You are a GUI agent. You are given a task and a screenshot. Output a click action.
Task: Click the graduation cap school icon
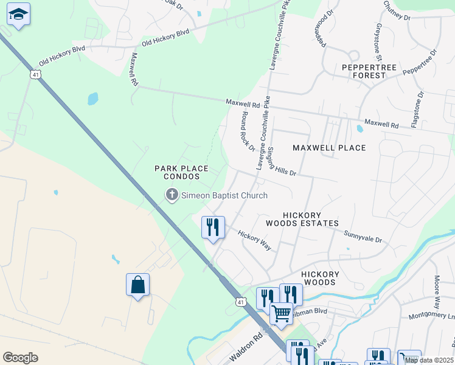pos(19,15)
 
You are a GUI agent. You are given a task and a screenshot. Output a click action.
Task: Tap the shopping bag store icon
pos(137,285)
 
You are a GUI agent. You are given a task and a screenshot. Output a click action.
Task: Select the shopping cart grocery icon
pos(281,315)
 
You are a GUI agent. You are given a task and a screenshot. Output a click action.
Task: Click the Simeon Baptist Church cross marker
pos(172,195)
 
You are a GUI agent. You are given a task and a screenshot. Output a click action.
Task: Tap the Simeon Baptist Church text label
pos(224,195)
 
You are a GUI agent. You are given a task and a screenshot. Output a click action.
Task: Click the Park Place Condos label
pos(181,172)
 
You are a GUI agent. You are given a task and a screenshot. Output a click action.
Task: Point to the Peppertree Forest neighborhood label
pos(364,71)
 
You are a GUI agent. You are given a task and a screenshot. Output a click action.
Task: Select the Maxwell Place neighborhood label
pos(329,148)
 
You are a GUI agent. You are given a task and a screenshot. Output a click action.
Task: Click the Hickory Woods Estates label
pos(310,219)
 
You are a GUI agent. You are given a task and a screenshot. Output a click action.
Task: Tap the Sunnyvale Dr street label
pos(363,237)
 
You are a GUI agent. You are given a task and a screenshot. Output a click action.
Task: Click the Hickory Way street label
pos(254,240)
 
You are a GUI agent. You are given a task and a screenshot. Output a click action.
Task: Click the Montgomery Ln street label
pos(431,316)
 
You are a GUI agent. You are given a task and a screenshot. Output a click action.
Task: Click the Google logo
pos(20,358)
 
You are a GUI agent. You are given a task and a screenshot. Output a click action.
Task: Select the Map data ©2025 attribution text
pos(428,360)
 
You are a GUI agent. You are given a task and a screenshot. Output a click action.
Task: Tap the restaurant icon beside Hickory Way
pos(213,228)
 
